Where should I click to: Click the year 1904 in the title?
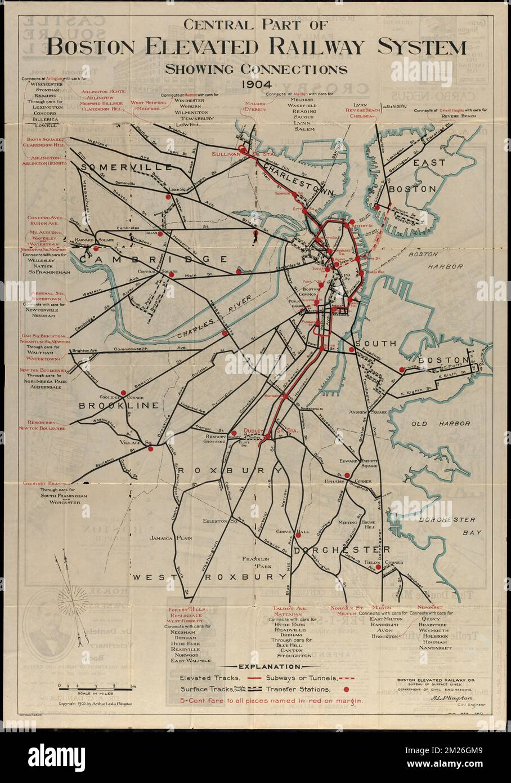click(x=255, y=84)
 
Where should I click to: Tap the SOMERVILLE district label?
click(x=126, y=167)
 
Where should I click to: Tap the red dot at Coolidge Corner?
click(x=123, y=393)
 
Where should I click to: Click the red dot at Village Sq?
click(x=150, y=449)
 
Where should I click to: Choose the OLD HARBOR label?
click(x=432, y=423)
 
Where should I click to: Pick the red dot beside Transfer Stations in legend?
click(x=346, y=689)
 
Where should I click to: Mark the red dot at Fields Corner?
click(x=379, y=568)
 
